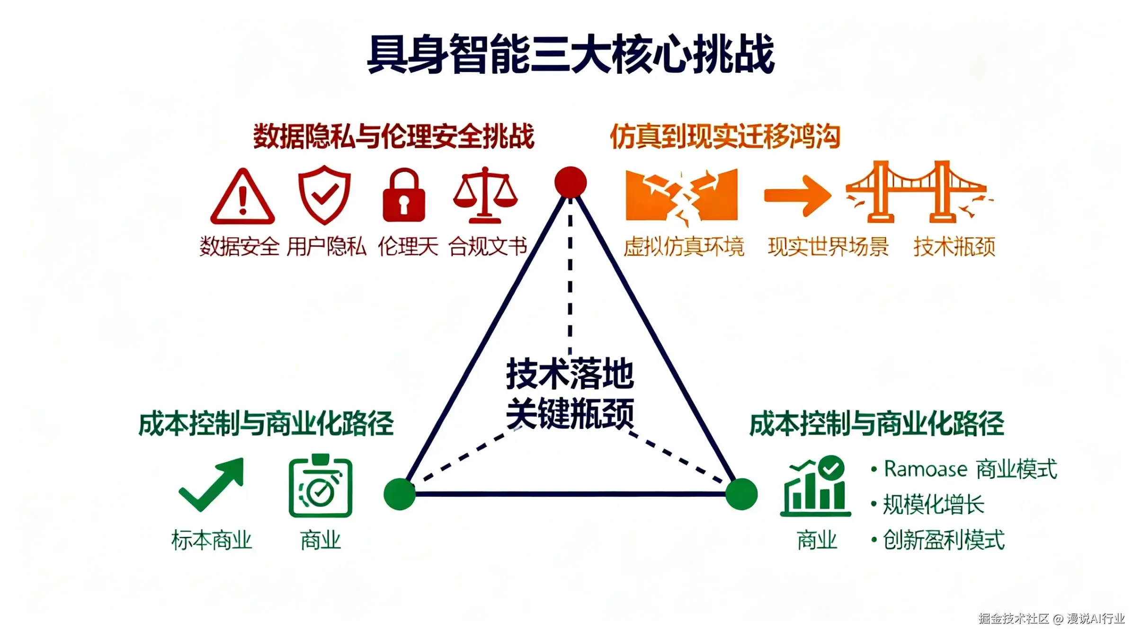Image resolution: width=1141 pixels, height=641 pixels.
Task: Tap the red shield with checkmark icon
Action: tap(324, 195)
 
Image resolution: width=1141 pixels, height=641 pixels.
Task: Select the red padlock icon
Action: tap(404, 196)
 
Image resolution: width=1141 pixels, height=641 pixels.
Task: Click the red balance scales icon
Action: tap(485, 195)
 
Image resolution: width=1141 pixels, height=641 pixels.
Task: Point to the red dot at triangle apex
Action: tap(570, 182)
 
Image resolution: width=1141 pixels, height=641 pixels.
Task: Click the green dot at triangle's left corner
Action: tap(400, 494)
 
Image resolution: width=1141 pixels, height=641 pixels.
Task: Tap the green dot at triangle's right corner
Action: tap(741, 494)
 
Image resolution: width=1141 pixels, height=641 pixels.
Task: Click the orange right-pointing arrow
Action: tap(798, 196)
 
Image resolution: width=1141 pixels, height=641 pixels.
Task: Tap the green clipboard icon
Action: tap(321, 487)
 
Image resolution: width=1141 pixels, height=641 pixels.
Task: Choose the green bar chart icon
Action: tap(815, 487)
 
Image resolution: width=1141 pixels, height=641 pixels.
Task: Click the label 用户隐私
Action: tap(326, 247)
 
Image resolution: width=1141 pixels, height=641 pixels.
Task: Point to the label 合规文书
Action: tap(488, 247)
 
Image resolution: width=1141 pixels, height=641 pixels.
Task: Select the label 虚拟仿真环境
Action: tap(684, 247)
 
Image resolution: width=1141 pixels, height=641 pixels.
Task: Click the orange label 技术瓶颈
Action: tap(954, 247)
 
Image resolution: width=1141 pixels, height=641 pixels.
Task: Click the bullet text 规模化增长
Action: tap(934, 505)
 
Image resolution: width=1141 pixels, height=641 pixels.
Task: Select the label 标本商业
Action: tap(212, 540)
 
